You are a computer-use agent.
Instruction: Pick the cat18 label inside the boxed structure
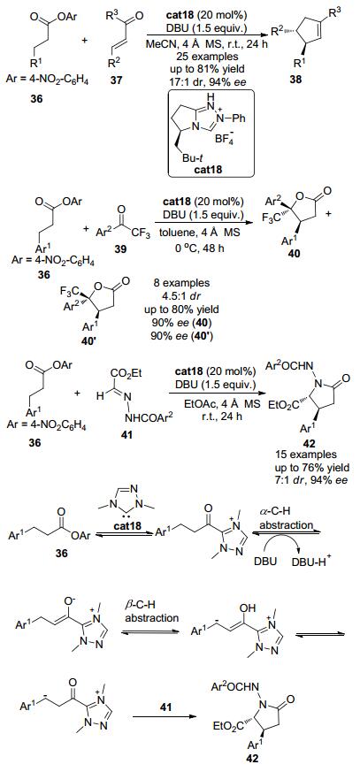tap(211, 170)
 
